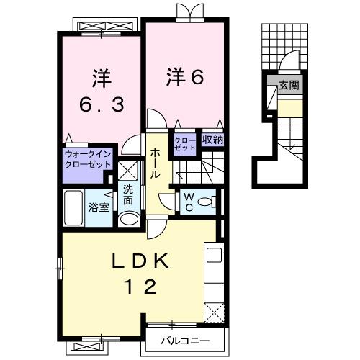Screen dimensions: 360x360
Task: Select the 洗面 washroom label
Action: (128, 195)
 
